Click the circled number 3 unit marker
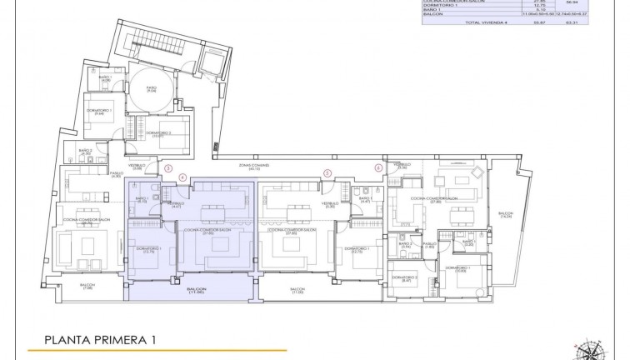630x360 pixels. tap(168, 167)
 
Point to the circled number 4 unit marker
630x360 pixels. tap(183, 177)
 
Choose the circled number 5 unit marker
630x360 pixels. tap(327, 173)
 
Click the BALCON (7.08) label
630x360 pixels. tap(87, 287)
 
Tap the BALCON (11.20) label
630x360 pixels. tap(297, 291)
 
